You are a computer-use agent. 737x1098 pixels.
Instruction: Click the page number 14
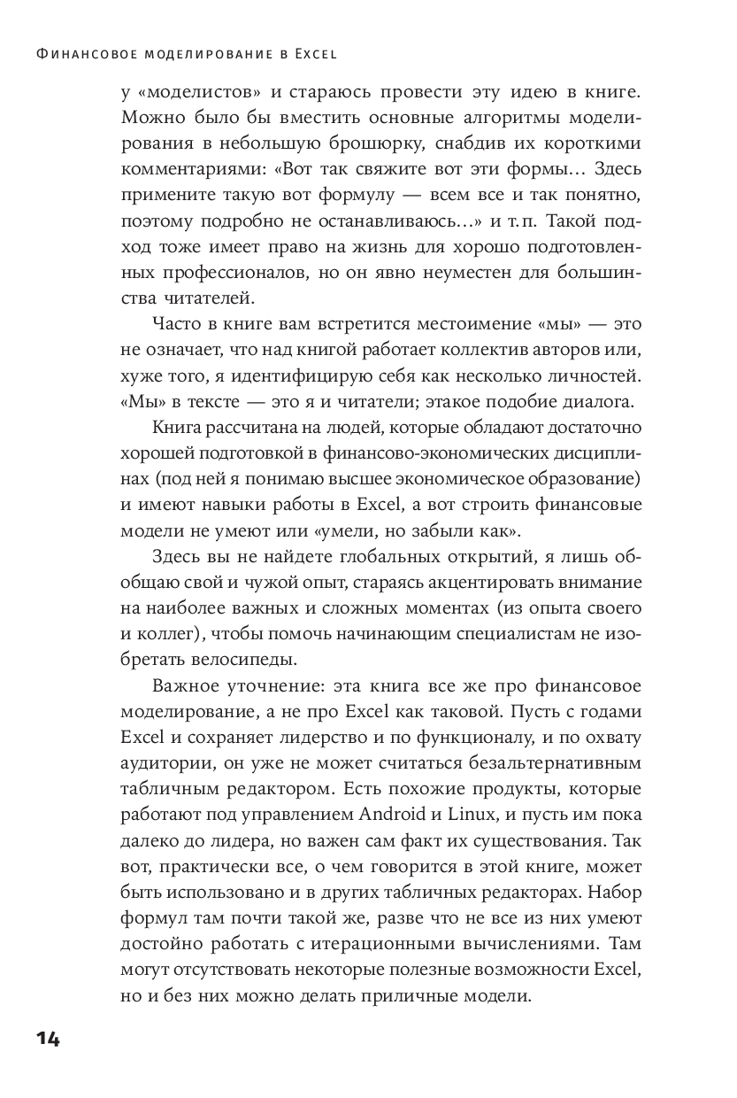(48, 1039)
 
